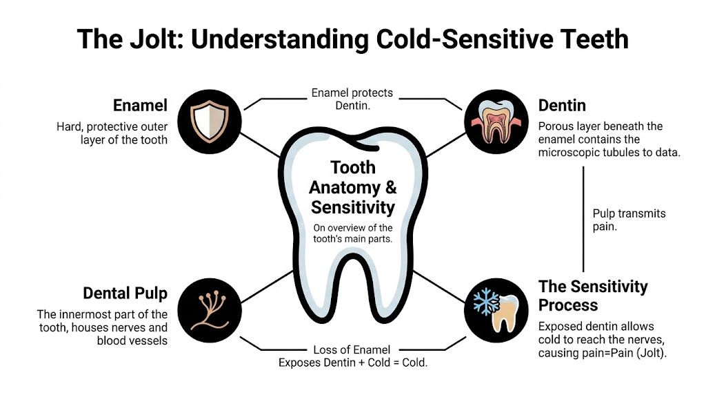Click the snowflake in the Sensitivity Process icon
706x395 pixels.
(487, 301)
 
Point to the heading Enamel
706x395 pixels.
(140, 106)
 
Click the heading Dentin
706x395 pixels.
(562, 106)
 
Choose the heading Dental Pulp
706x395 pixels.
(125, 293)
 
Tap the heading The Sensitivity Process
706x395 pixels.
(592, 295)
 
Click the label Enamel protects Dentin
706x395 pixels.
(352, 98)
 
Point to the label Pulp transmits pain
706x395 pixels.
(629, 220)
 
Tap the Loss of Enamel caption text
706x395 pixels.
(352, 356)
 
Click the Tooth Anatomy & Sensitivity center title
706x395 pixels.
(352, 187)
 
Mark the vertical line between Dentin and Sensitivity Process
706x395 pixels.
(584, 220)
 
